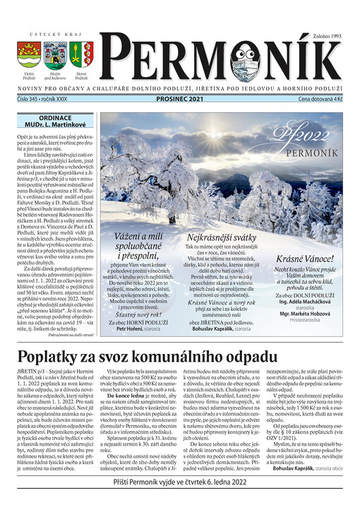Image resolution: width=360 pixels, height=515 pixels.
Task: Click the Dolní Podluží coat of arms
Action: coord(28,54)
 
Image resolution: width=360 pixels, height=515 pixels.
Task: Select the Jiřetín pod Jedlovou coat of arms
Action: coord(55,54)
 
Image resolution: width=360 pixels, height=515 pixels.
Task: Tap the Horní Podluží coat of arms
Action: coord(83,54)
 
